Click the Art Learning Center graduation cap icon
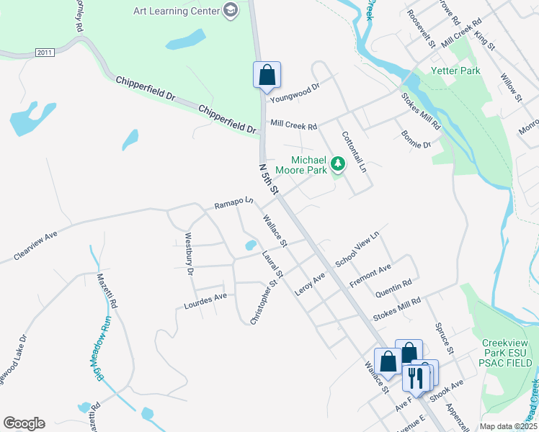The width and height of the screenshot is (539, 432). (x=231, y=10)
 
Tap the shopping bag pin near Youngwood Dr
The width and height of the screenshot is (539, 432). (x=267, y=75)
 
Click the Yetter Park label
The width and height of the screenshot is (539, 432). (x=455, y=71)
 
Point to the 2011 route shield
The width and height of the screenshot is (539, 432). (x=45, y=53)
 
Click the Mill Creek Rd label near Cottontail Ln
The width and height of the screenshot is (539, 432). (x=293, y=125)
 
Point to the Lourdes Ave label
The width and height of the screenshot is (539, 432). (x=205, y=296)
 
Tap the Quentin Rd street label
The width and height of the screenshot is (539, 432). (x=393, y=288)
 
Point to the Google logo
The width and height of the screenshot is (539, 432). (x=24, y=423)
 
